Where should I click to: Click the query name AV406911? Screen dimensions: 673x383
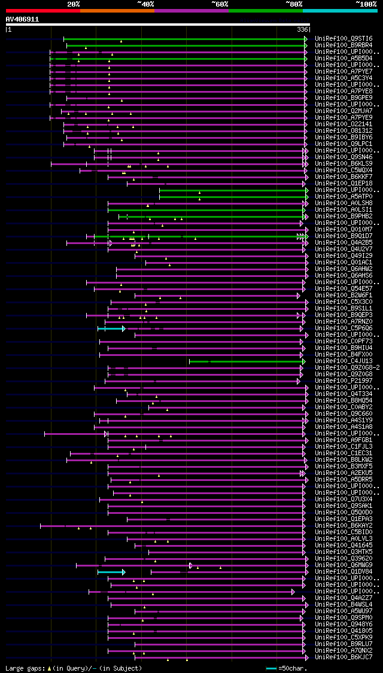22,19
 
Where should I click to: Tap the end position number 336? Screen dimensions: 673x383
303,29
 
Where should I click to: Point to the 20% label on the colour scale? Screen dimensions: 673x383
74,4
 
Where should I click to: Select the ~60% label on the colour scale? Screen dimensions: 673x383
220,4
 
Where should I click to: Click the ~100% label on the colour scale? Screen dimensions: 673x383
366,4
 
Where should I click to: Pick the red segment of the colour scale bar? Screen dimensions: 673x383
42,11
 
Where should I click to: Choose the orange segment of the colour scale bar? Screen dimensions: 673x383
117,11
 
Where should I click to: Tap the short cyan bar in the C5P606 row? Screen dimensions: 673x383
111,328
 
